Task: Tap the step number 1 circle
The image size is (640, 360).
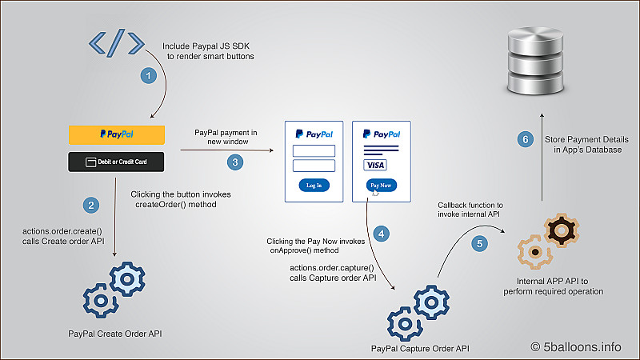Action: (147, 76)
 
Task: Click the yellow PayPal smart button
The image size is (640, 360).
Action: (117, 134)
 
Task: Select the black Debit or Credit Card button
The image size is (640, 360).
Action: (117, 162)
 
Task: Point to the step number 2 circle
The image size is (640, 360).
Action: (93, 206)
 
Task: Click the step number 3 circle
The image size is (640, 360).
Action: (234, 162)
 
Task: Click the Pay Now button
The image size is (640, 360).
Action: (381, 186)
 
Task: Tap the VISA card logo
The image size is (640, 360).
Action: (375, 165)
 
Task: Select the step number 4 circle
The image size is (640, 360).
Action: (382, 234)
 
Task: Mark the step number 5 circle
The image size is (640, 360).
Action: (479, 244)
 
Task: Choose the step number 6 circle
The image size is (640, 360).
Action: (525, 140)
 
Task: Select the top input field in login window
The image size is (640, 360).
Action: (314, 150)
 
